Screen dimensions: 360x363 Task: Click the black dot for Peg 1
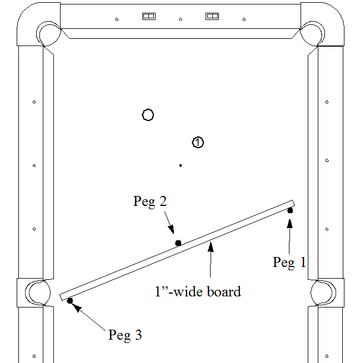(290, 210)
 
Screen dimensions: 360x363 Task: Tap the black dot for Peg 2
(178, 243)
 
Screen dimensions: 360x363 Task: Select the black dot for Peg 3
(70, 301)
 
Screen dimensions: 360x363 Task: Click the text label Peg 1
(289, 263)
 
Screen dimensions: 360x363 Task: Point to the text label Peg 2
(150, 201)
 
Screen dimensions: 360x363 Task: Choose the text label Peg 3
(125, 335)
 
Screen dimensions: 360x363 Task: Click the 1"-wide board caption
(198, 291)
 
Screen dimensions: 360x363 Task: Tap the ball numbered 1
(198, 142)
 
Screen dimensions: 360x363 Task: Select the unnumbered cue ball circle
(148, 115)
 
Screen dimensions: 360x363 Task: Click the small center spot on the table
(181, 165)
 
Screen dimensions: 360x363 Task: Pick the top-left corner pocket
(48, 34)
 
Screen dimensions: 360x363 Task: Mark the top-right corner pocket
(312, 34)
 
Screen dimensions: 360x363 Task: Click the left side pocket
(38, 293)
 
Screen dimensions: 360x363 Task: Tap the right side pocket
(323, 293)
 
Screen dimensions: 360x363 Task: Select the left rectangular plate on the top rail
(149, 16)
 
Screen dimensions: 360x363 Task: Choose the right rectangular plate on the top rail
(212, 16)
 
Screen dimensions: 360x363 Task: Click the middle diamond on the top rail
(181, 19)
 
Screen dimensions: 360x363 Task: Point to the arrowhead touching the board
(211, 247)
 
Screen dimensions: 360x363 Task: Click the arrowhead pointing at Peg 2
(171, 229)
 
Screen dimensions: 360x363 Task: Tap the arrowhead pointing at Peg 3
(77, 307)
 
